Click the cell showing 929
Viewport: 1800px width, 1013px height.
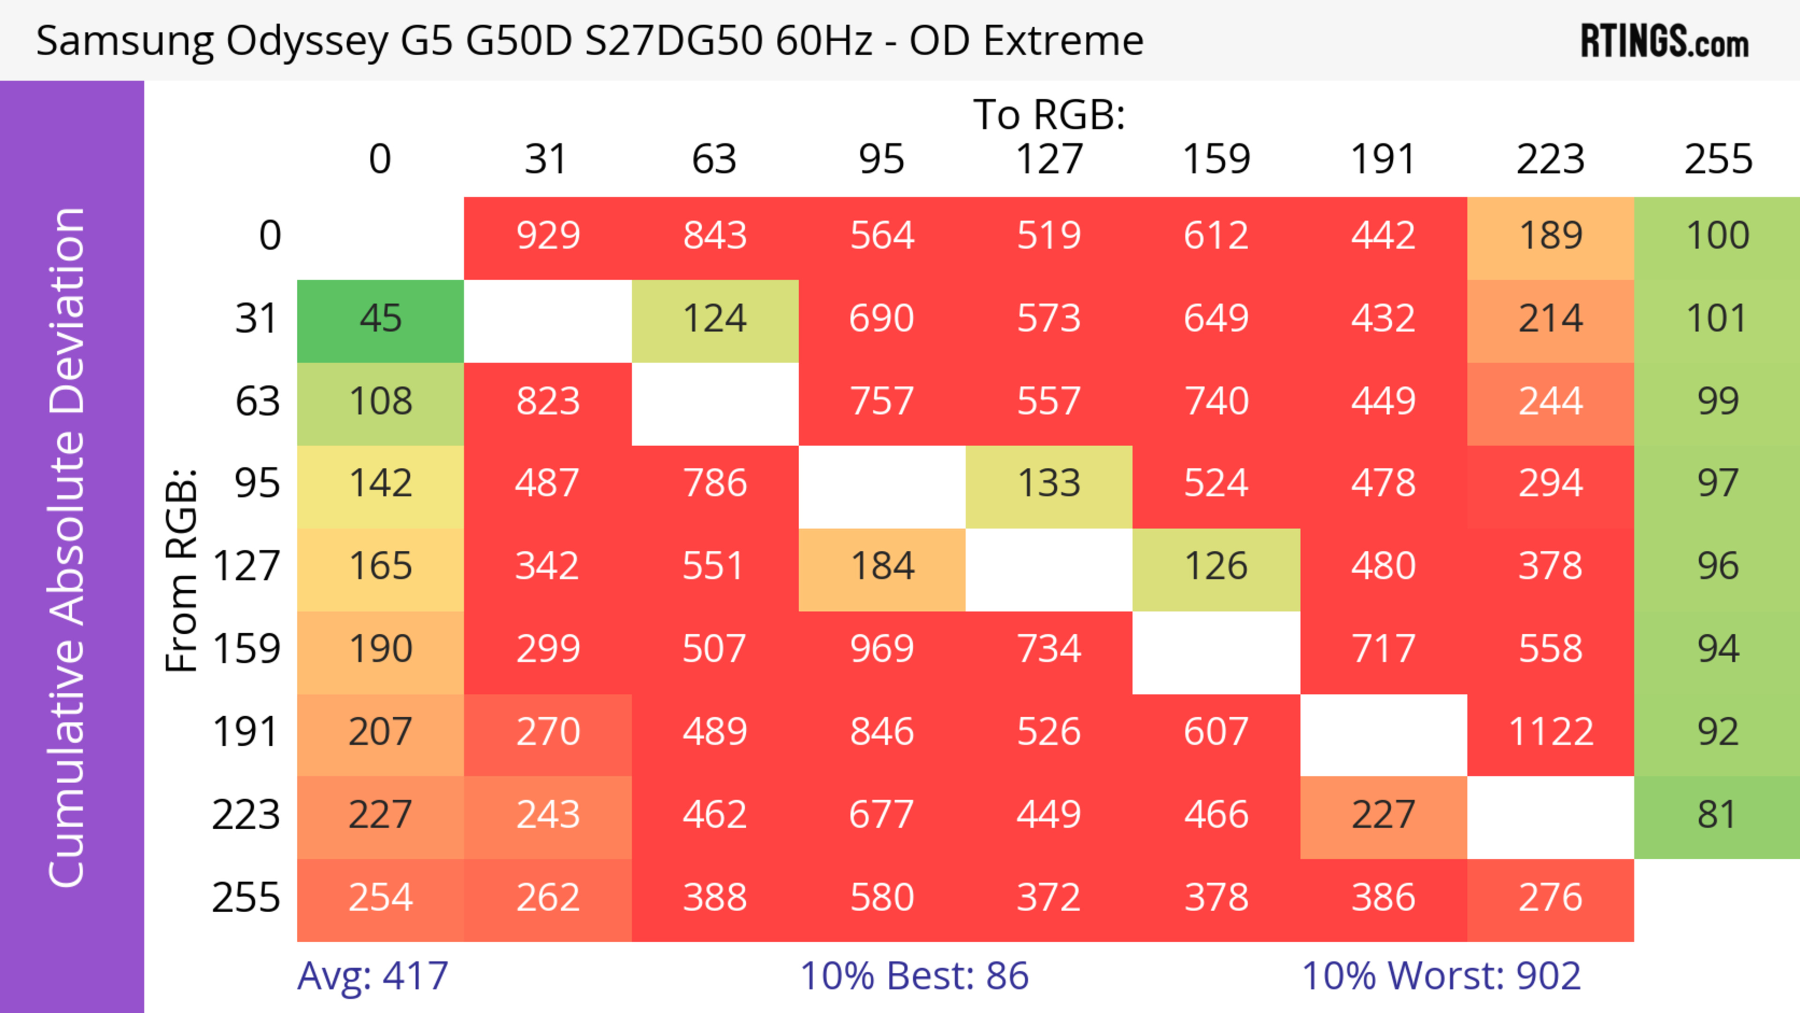(x=548, y=235)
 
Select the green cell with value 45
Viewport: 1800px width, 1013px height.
(x=380, y=319)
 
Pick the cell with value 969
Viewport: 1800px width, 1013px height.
(x=882, y=649)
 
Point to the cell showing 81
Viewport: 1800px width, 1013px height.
(x=1717, y=815)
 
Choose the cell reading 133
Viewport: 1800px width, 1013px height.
(x=1049, y=483)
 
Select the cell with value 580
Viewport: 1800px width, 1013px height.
(x=882, y=898)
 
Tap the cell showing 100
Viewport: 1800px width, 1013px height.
(x=1717, y=235)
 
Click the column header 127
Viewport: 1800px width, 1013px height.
(x=1049, y=159)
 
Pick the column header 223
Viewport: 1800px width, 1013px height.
(x=1551, y=159)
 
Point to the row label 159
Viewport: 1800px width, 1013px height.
(x=246, y=649)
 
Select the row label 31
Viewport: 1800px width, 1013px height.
(x=257, y=319)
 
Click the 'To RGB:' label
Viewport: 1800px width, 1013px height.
(x=1049, y=114)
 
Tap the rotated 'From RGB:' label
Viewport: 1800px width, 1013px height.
(x=182, y=570)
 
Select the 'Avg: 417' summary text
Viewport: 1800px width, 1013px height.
(x=373, y=976)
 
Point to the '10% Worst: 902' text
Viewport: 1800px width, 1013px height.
(x=1441, y=976)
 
